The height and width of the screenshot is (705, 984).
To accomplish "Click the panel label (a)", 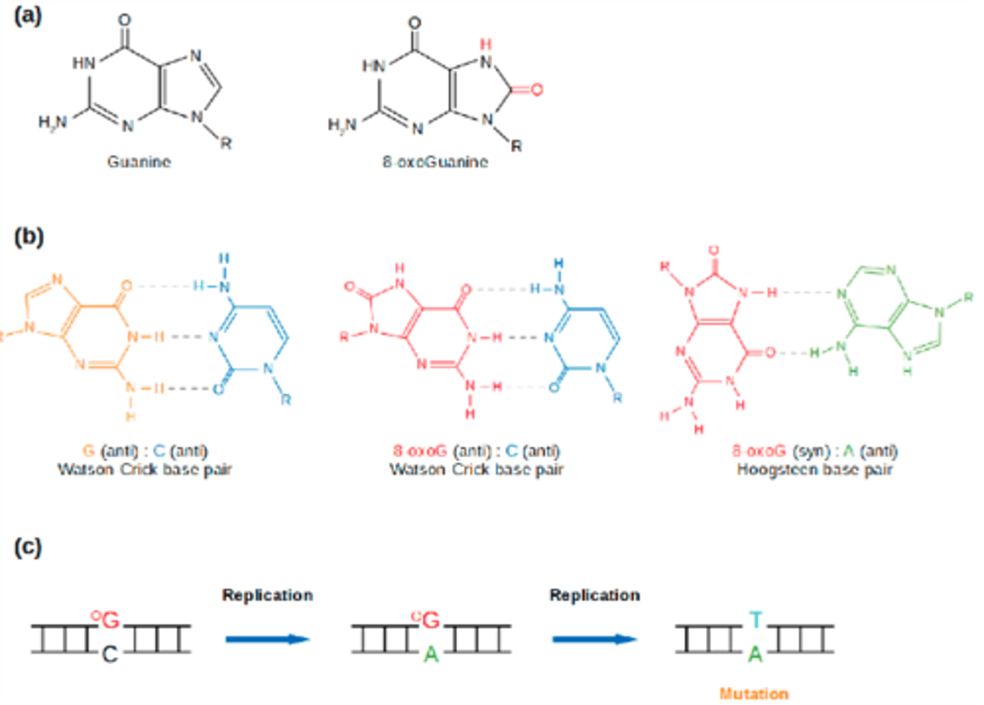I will pos(28,16).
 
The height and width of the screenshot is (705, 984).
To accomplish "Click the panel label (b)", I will pos(29,237).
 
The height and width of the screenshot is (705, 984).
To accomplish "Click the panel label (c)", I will pos(28,547).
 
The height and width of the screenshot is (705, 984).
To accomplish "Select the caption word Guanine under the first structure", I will pos(139,162).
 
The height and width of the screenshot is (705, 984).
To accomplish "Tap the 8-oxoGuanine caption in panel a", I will pos(435,162).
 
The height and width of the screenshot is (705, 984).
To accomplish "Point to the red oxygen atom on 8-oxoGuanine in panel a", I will pos(537,90).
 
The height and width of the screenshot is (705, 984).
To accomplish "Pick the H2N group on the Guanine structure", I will pos(53,122).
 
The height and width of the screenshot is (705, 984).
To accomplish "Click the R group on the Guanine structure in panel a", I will pos(225,143).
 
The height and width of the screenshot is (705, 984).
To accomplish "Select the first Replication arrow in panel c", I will pos(267,639).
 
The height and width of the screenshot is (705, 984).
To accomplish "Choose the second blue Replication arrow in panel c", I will pos(594,639).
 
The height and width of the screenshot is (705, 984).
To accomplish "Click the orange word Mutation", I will pos(754,693).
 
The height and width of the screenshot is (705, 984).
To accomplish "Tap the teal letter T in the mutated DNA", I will pos(755,620).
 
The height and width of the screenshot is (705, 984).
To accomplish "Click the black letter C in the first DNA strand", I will pos(109,655).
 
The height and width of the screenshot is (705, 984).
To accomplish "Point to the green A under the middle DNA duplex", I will pos(430,655).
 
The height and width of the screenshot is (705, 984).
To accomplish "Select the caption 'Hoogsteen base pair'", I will pos(815,470).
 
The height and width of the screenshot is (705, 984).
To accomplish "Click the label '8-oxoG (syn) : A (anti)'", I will pos(815,451).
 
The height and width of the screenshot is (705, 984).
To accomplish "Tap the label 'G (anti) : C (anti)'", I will pos(145,451).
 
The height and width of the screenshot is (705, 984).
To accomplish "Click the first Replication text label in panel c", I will pos(267,595).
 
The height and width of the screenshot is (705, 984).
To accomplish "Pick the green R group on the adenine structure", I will pos(968,297).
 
